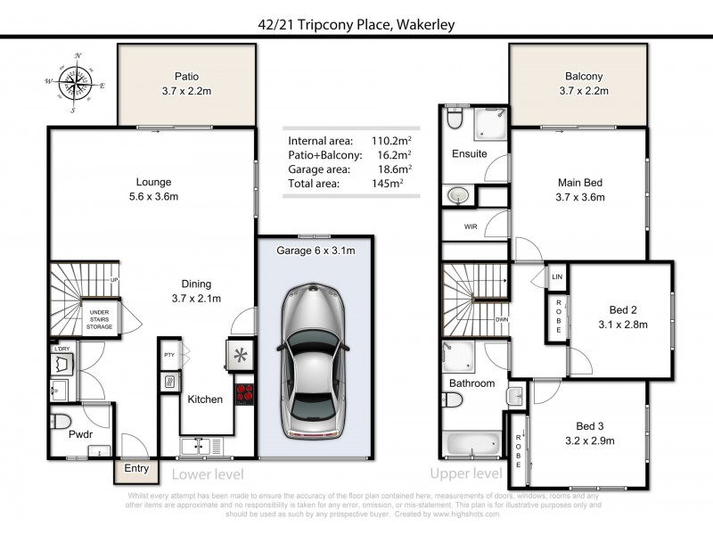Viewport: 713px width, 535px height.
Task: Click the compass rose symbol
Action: pyautogui.click(x=76, y=83)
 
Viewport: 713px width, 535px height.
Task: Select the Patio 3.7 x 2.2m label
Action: pyautogui.click(x=186, y=83)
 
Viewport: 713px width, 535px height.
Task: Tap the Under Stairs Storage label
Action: pyautogui.click(x=99, y=320)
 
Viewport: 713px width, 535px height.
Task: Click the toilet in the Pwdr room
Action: pyautogui.click(x=59, y=420)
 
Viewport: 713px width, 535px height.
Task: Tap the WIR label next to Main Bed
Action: pyautogui.click(x=471, y=226)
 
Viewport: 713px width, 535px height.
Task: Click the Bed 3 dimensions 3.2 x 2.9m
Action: pyautogui.click(x=590, y=440)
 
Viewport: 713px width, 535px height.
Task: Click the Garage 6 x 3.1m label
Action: pyautogui.click(x=314, y=251)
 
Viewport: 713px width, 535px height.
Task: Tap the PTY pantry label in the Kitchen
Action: pyautogui.click(x=169, y=355)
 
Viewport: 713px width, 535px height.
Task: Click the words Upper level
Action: pyautogui.click(x=465, y=473)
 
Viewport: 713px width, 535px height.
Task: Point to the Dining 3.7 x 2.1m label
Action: pyautogui.click(x=196, y=292)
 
